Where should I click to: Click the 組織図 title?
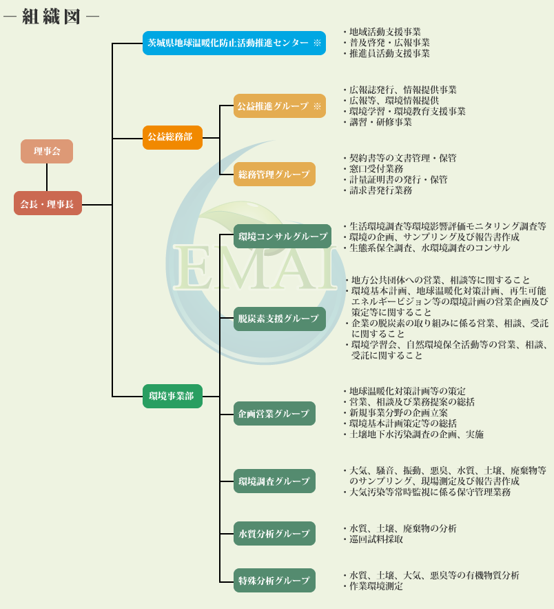[51, 17]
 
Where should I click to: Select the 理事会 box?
[47, 151]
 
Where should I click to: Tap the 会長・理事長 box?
[48, 203]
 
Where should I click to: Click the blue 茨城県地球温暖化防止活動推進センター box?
[234, 43]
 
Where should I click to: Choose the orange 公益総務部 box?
[172, 137]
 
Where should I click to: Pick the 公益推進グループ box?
[279, 106]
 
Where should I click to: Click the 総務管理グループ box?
[274, 174]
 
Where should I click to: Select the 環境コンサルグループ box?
[283, 236]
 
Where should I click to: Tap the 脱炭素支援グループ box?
[279, 319]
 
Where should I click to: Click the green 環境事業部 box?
[172, 396]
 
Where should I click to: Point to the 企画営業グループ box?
[274, 413]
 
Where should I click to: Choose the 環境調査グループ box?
[274, 481]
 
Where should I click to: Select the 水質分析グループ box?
[274, 533]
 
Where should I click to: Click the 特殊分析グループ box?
[274, 580]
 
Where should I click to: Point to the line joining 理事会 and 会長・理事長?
[47, 177]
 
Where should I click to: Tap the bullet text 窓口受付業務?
[376, 168]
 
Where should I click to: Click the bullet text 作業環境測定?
[376, 586]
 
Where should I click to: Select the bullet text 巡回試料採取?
[376, 539]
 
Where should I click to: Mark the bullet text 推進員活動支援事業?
[389, 54]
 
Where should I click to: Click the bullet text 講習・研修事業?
[380, 122]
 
